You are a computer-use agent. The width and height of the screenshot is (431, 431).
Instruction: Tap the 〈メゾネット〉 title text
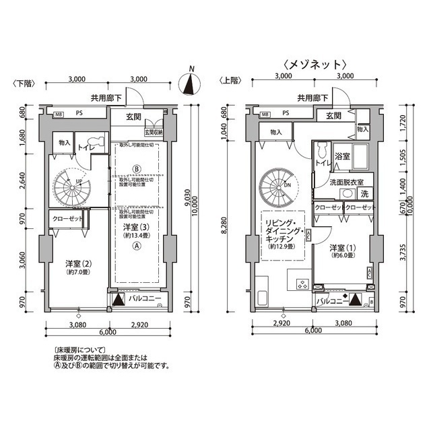click(314, 64)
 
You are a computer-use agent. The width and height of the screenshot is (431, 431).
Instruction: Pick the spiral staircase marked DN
click(277, 184)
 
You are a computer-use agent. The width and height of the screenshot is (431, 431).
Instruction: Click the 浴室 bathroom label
click(342, 156)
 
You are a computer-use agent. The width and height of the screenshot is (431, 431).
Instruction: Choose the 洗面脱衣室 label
click(347, 182)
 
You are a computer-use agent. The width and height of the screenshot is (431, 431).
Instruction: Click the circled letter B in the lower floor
click(137, 168)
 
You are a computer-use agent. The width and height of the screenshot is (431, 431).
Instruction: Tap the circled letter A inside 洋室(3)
click(137, 246)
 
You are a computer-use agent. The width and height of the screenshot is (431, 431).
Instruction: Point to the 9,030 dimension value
click(187, 198)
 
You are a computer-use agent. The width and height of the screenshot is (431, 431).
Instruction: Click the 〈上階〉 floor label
click(229, 80)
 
